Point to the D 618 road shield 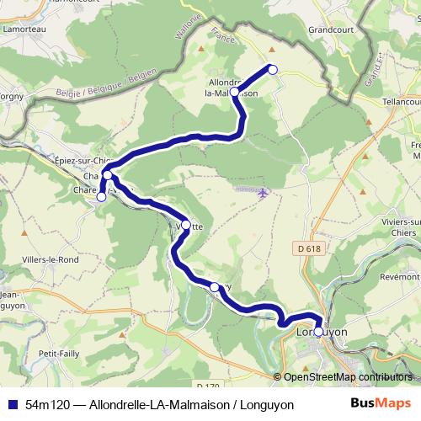coord(309,248)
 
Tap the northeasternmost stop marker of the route coord(272,69)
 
